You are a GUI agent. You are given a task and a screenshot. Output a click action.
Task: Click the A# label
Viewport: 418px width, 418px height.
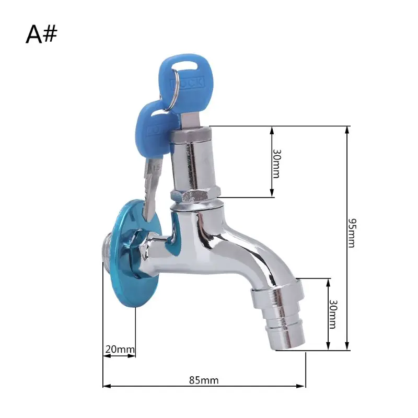(x=42, y=34)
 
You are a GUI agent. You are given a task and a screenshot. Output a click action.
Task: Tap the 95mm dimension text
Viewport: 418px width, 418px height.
(x=353, y=233)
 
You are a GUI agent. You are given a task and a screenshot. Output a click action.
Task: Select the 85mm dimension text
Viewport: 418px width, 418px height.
(x=204, y=380)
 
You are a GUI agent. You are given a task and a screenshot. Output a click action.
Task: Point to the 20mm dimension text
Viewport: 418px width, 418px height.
(x=119, y=349)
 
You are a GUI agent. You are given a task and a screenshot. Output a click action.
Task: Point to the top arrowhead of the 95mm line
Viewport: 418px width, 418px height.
(x=346, y=129)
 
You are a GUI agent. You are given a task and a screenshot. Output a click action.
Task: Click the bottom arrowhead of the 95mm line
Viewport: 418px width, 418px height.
(x=346, y=347)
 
